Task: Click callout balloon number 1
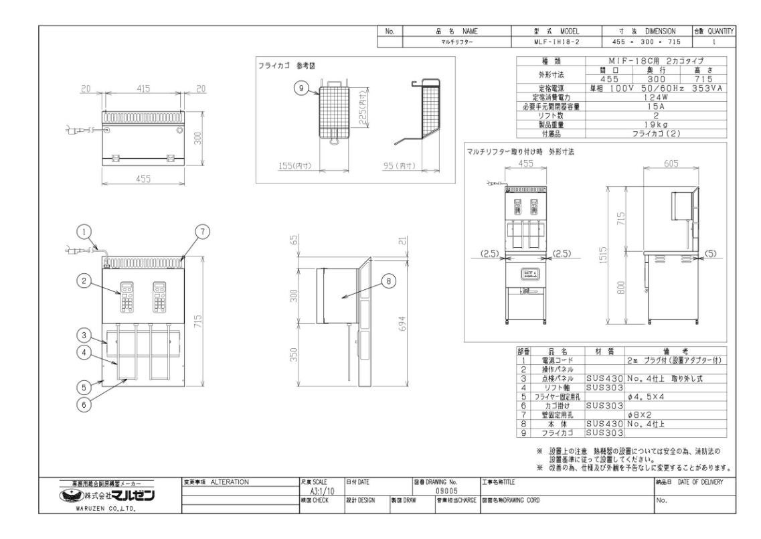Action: [x=82, y=232]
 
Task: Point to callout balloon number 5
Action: [x=82, y=386]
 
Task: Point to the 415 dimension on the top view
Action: [x=143, y=88]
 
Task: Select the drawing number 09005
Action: [x=446, y=490]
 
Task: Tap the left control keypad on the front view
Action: [x=126, y=297]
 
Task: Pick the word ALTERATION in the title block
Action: [x=229, y=481]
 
